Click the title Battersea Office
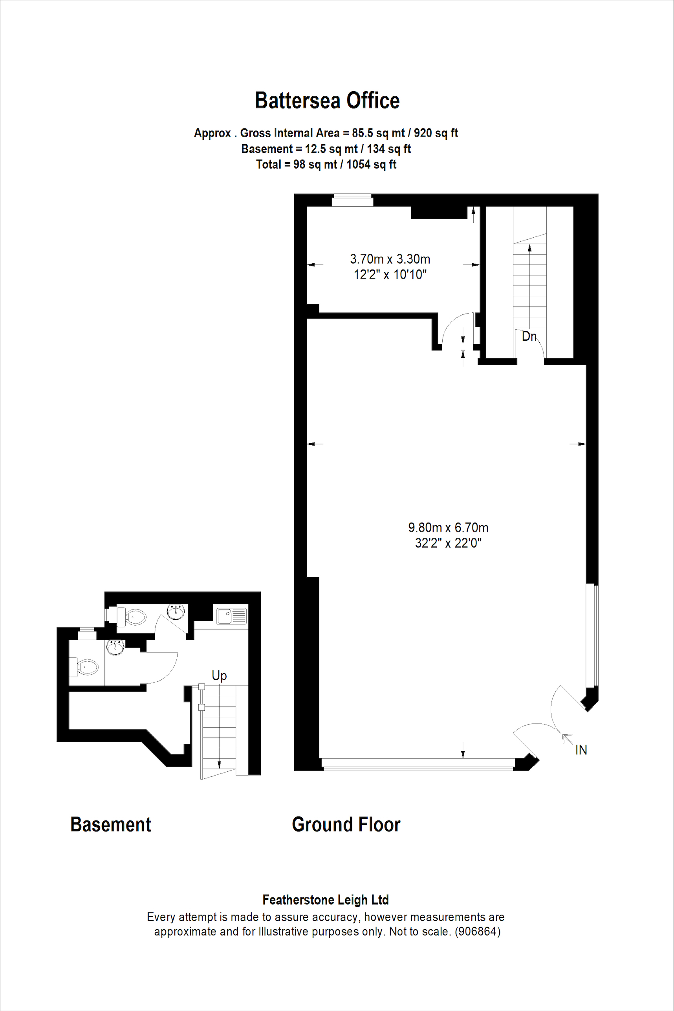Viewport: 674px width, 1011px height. point(327,101)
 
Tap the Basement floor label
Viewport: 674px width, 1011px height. point(110,825)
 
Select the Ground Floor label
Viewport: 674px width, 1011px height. point(346,825)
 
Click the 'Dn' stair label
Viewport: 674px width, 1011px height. point(529,336)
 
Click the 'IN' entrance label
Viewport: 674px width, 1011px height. point(581,750)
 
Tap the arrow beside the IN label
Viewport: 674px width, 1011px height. point(568,739)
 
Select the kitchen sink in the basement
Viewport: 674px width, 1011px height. point(232,616)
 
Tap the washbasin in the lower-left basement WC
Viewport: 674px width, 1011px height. point(115,647)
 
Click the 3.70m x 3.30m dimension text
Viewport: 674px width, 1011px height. point(390,259)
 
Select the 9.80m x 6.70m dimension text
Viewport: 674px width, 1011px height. point(448,528)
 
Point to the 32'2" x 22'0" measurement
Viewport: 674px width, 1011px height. point(448,543)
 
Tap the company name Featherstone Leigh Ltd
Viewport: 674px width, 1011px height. point(326,900)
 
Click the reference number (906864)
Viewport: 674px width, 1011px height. point(478,932)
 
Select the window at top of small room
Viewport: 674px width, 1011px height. point(352,200)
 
